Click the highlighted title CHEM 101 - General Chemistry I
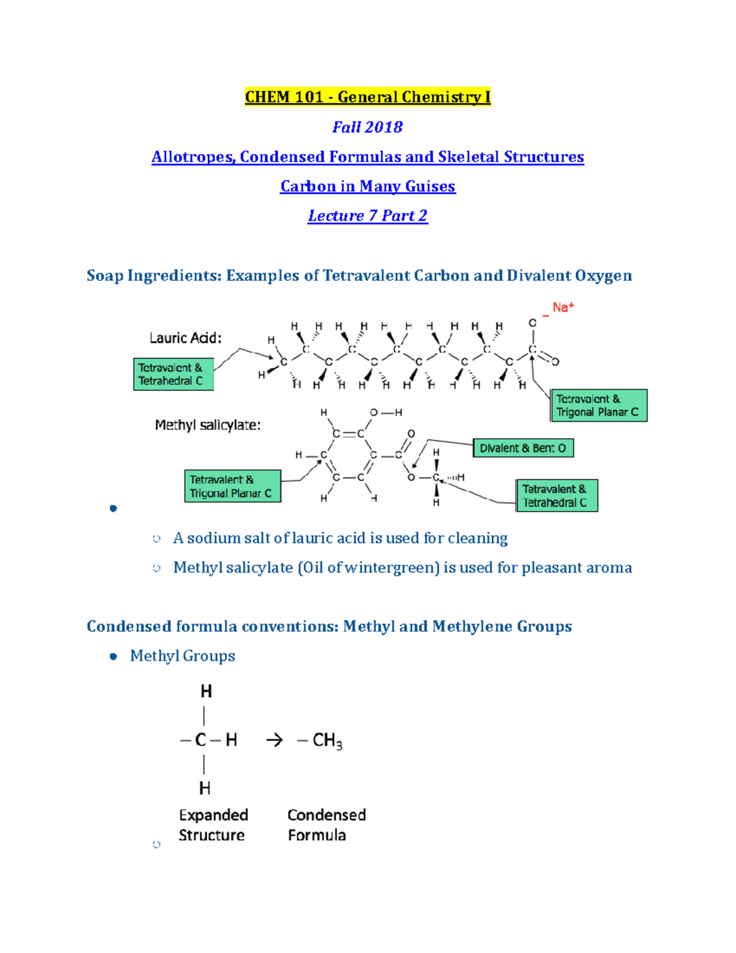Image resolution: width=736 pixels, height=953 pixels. pos(367,96)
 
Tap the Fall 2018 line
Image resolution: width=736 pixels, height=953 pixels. pos(367,127)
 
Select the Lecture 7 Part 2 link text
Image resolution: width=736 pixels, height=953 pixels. pos(367,215)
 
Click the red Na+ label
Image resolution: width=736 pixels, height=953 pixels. pos(563,307)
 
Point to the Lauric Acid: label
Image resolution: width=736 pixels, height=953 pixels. pos(185,338)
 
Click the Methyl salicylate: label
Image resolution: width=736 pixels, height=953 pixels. pos(208,425)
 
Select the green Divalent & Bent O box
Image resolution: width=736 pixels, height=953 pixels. pos(523,448)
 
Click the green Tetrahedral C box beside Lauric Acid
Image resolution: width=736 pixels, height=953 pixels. pos(174,374)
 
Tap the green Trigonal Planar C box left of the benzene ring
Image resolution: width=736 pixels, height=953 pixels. pos(233,486)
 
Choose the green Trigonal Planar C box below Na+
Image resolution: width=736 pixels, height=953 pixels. pos(599,405)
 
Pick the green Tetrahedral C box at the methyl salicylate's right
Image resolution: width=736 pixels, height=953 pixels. pos(557,495)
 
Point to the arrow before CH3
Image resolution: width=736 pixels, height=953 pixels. pos(274,741)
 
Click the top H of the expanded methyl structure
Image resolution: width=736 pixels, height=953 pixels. pos(206,692)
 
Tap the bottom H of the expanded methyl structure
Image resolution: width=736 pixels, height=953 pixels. pos(205,788)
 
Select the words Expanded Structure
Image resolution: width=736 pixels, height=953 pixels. pos(213,825)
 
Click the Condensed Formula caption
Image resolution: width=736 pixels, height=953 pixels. pos(326,825)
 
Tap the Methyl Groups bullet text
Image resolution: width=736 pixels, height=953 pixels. pos(182,655)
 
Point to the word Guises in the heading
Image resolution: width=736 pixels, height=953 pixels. pos(430,187)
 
